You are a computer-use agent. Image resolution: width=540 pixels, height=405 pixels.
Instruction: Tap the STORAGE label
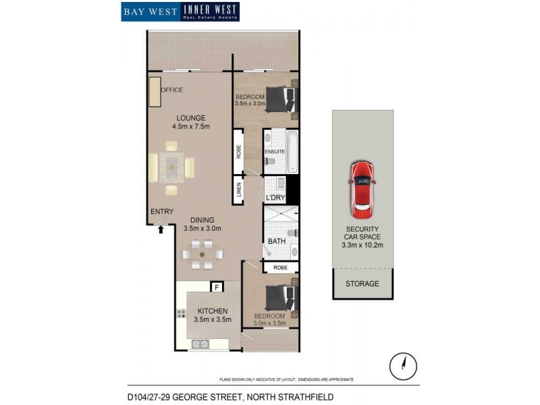point(362,283)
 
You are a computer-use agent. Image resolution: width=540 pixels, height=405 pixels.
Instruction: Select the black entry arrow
point(161,230)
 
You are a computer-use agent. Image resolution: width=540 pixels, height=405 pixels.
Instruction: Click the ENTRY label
point(162,212)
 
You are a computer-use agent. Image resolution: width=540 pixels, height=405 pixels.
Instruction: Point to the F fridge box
point(217,288)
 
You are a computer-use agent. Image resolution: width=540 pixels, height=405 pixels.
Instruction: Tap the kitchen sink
point(200,344)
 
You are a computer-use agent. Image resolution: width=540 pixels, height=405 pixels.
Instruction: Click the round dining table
point(203,255)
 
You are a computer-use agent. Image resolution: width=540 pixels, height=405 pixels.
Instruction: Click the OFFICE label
point(171,90)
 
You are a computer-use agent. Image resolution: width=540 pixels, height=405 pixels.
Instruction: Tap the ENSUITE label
point(275,152)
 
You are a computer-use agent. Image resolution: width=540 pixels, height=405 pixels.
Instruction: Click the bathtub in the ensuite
point(292,152)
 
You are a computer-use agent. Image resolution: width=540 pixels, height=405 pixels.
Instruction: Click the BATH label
point(277,241)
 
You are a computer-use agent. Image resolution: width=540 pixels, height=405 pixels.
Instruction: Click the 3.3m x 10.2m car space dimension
point(363,245)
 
